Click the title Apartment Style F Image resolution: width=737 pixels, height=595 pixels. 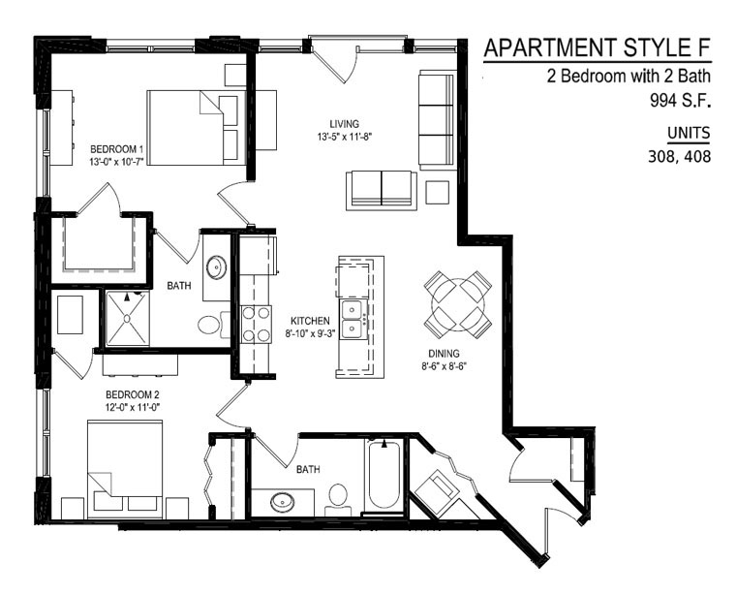[598, 48]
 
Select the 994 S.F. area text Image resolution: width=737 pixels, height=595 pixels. [680, 100]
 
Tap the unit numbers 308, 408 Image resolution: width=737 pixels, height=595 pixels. [679, 156]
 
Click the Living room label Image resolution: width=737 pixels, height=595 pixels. [344, 124]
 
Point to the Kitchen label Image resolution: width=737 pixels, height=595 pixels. [310, 322]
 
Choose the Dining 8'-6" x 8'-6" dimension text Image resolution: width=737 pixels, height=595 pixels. [444, 366]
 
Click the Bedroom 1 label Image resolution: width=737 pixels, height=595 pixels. [116, 149]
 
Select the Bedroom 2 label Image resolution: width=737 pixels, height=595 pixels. [129, 394]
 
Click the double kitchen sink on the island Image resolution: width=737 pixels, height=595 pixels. [353, 320]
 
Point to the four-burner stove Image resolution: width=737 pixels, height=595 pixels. [257, 324]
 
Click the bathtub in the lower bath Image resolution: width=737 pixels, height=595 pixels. [384, 476]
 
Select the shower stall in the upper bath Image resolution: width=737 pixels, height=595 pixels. [127, 319]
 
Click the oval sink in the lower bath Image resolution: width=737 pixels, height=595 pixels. [283, 502]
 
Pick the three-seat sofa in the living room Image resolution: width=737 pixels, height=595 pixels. [437, 120]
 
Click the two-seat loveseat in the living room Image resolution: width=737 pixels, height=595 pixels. [382, 191]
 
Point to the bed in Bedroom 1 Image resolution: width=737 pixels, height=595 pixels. [197, 128]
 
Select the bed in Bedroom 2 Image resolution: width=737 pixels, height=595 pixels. [125, 470]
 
